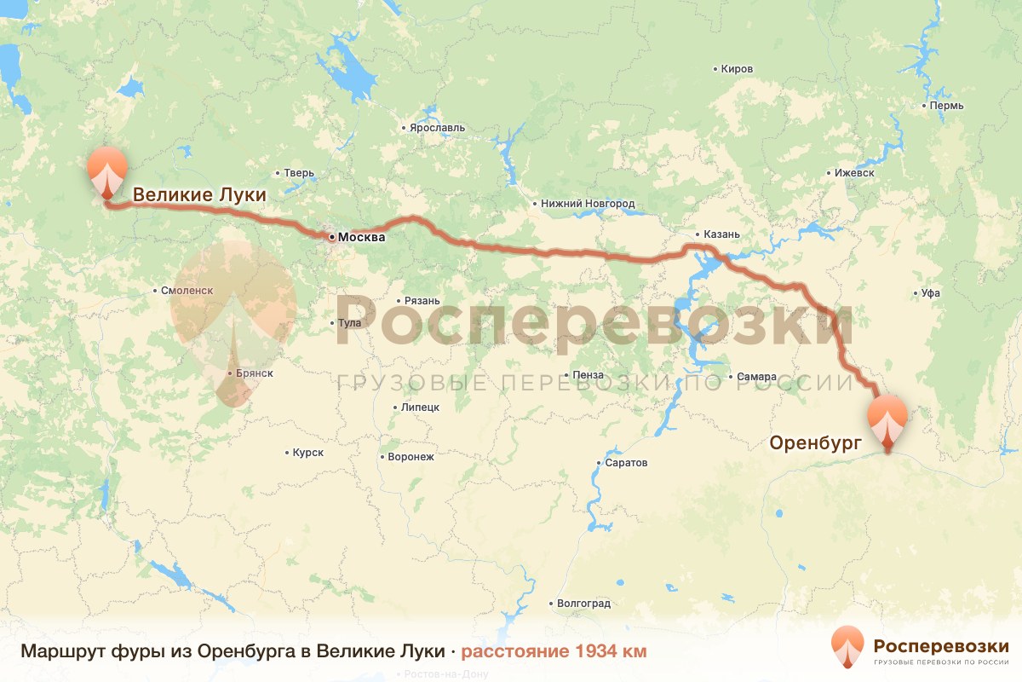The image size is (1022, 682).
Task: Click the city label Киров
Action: pos(737,69)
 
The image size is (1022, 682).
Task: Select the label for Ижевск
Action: pos(854,173)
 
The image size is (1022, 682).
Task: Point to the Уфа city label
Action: pos(930,293)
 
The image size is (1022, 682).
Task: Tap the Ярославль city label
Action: pos(437,128)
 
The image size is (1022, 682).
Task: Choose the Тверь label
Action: pos(299,173)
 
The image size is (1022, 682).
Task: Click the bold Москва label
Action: pos(361,237)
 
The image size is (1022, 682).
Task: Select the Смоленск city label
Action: pos(187,291)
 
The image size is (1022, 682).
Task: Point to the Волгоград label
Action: pos(583,604)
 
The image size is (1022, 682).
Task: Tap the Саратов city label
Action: pos(627,463)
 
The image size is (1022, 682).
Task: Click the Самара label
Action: pos(757,377)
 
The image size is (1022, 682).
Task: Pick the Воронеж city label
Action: pos(411,457)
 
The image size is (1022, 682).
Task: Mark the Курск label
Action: pos(307,453)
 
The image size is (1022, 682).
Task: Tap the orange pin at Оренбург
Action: pos(887,418)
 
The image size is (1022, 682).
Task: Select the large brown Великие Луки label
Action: pos(199,195)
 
